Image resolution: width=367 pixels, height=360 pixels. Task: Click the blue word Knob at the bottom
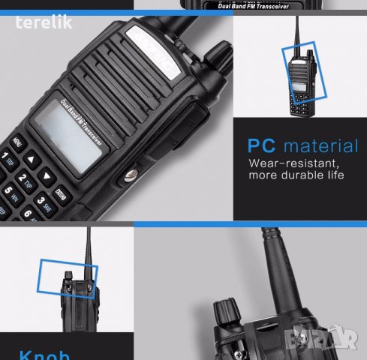coord(44,355)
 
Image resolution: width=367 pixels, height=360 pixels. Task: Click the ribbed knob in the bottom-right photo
coord(227,312)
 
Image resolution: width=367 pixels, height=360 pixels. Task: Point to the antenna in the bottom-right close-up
coord(271,270)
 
